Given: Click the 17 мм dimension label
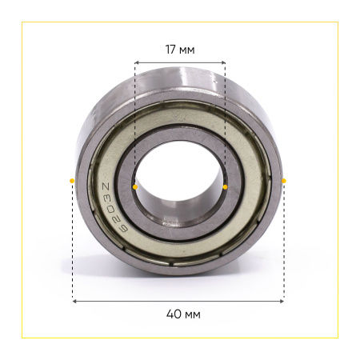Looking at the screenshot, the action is (x=180, y=50).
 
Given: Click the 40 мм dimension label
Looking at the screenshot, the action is (x=183, y=314).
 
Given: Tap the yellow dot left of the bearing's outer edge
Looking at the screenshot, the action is (x=72, y=181).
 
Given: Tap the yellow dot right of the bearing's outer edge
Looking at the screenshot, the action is (x=284, y=181).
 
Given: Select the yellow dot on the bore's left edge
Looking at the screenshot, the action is (x=135, y=187).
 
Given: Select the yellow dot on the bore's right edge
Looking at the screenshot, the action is (x=225, y=187).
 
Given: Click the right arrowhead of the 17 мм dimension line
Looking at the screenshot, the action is (x=223, y=62).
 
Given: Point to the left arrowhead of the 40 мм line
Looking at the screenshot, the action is (x=74, y=301).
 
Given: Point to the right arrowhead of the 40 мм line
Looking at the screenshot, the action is (x=282, y=301).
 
